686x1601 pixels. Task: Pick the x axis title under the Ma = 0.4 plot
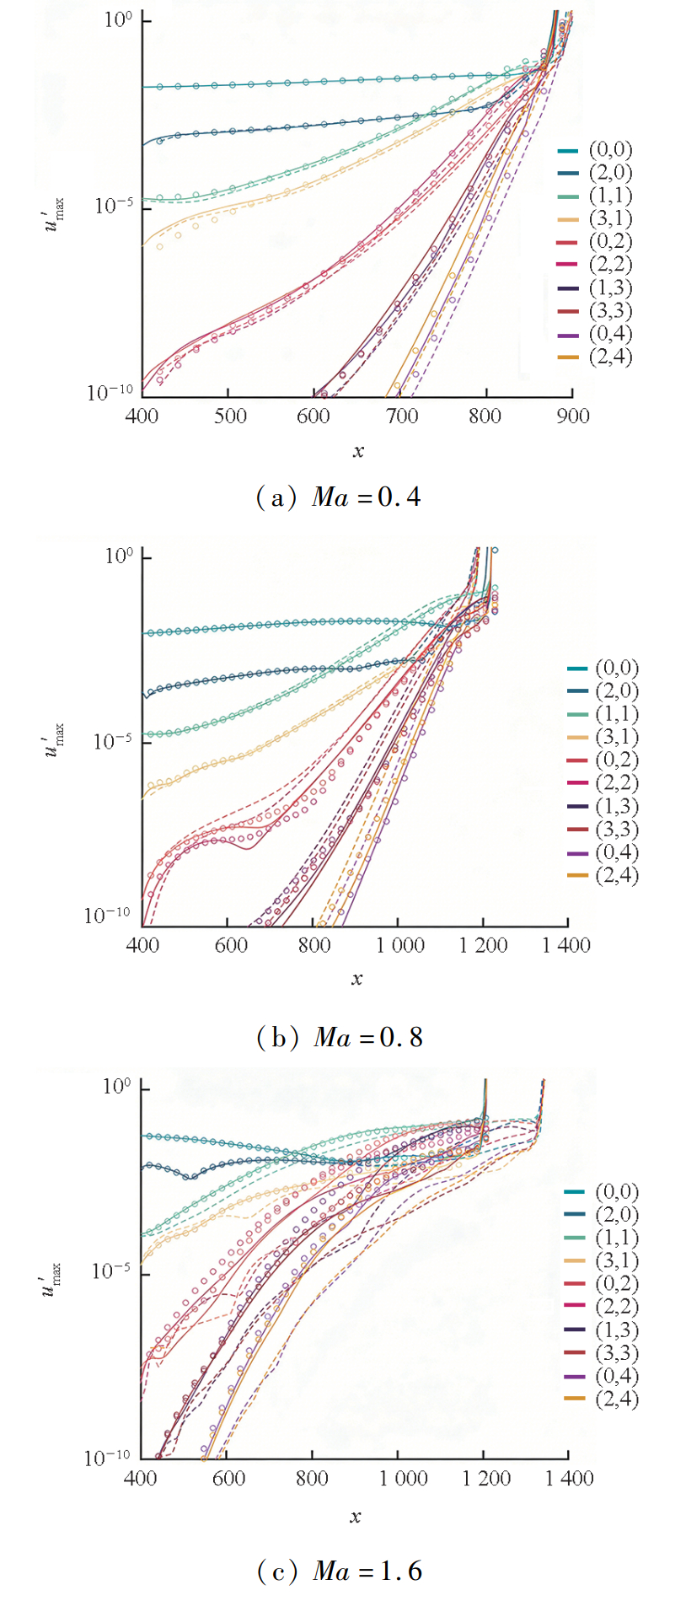358,451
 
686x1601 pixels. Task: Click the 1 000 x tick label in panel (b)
399,945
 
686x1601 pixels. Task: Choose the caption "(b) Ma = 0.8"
339,1037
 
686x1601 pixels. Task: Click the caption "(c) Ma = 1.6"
339,1571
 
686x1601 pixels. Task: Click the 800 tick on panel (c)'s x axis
312,1478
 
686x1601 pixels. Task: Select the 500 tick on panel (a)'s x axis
229,416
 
